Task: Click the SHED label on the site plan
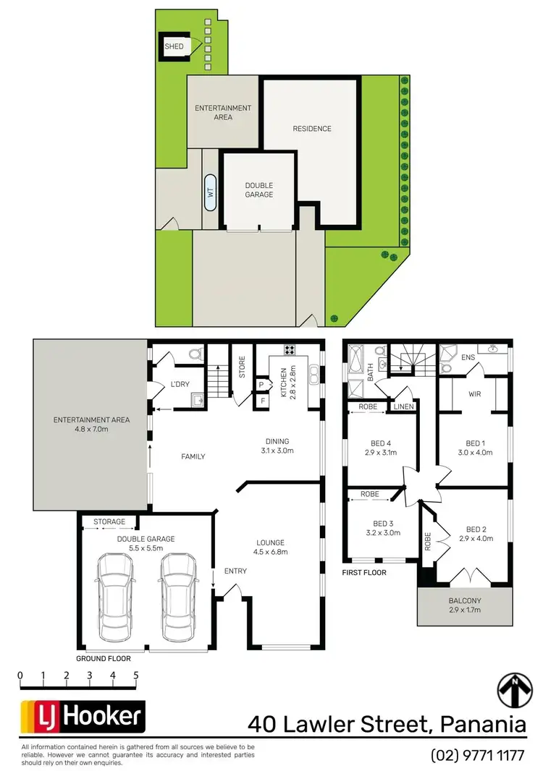174,47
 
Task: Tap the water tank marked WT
211,192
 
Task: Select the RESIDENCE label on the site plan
312,129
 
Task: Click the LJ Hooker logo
82,717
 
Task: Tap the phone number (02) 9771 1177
477,755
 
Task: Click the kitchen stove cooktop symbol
290,351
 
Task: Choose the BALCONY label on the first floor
464,601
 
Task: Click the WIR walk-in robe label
474,395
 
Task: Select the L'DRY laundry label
180,383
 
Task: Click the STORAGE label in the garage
109,521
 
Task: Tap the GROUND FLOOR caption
104,659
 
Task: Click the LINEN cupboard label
403,408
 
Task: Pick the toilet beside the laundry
194,354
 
